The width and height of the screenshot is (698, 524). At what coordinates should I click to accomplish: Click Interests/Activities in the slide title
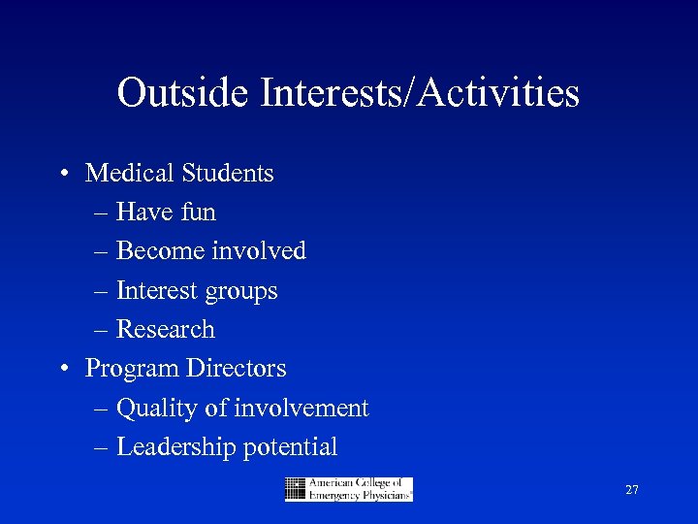420,93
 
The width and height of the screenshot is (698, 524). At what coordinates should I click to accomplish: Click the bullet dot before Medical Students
61,175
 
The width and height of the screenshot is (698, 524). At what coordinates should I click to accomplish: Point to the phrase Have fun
166,213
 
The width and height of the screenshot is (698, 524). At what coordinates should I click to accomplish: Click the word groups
244,292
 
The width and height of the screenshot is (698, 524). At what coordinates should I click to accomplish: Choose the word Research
166,330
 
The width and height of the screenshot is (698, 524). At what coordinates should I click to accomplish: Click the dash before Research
103,331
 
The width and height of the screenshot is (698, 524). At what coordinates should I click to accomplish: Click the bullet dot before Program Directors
61,370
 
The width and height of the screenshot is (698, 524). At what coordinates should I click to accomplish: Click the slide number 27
631,490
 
